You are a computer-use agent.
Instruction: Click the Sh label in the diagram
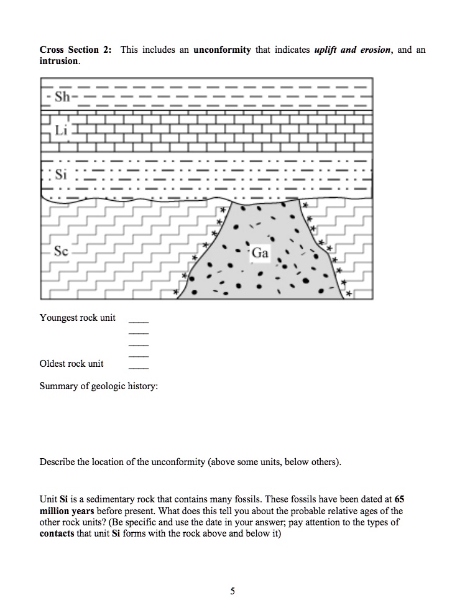click(62, 97)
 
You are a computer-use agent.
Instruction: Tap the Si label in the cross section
click(61, 175)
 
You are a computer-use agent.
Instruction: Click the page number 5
click(233, 591)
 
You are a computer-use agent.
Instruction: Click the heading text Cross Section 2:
click(77, 50)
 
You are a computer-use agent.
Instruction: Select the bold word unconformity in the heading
click(222, 50)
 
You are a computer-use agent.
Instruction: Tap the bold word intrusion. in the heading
click(60, 62)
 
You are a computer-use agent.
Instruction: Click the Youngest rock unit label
click(78, 318)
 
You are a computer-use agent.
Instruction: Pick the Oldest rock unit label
click(71, 364)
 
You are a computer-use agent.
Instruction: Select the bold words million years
click(67, 511)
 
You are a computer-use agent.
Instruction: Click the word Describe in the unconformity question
click(58, 462)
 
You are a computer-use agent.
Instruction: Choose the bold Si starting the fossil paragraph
click(63, 499)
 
